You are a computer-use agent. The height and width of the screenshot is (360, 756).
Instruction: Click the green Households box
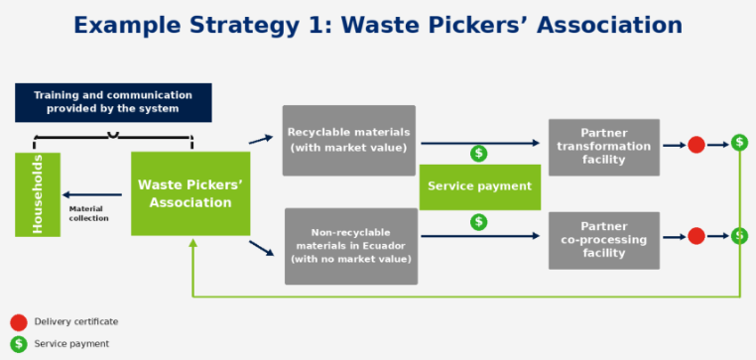click(x=38, y=194)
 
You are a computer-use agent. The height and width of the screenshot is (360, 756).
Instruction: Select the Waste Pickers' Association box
click(x=190, y=193)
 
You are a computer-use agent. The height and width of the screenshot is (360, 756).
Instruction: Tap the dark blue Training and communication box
click(x=113, y=103)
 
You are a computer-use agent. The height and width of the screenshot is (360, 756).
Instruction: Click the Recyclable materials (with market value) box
click(x=348, y=140)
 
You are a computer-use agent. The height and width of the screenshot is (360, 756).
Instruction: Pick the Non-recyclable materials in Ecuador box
click(x=351, y=246)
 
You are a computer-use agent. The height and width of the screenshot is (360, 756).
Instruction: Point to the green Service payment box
click(x=480, y=187)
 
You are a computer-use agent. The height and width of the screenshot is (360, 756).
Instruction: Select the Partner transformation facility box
click(x=603, y=147)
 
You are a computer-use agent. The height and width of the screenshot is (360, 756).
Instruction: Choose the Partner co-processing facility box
click(x=603, y=240)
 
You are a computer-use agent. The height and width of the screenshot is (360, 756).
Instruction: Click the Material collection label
click(x=88, y=213)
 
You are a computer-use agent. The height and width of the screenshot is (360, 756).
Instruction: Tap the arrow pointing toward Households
click(x=92, y=194)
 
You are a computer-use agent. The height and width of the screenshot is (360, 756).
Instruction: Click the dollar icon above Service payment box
click(x=479, y=154)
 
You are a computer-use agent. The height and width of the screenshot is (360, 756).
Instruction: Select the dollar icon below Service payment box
click(x=479, y=222)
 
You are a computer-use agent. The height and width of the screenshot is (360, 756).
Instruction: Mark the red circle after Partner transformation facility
click(x=696, y=145)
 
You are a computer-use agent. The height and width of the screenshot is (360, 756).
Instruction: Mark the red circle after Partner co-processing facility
click(x=696, y=236)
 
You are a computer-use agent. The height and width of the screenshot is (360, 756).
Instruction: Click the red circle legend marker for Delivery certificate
click(x=19, y=322)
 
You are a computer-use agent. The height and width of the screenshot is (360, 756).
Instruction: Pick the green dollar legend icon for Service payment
click(x=19, y=343)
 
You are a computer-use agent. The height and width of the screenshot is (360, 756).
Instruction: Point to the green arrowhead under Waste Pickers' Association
click(x=192, y=242)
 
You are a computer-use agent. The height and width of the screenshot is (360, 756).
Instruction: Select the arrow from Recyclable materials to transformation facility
click(x=480, y=143)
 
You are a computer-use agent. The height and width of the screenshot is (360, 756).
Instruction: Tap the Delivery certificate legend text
click(x=76, y=321)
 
